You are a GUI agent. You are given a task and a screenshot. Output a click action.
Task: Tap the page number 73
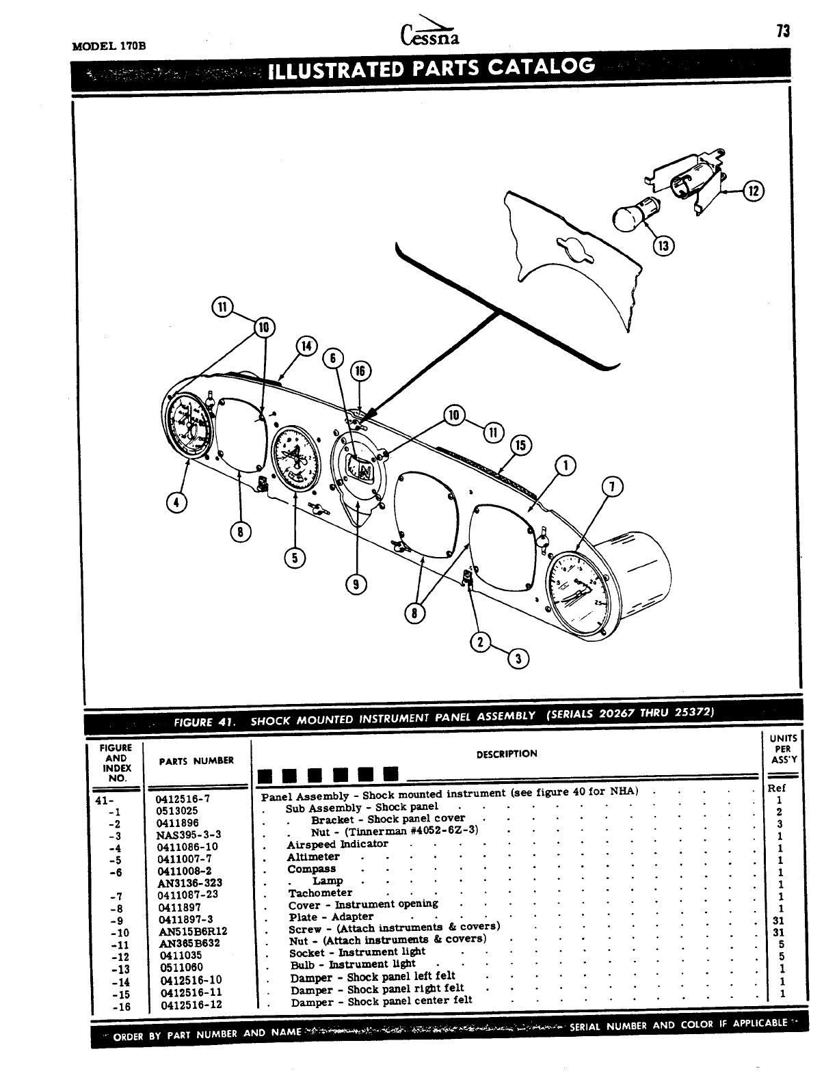783,31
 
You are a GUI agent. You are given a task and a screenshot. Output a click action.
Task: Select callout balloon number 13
662,245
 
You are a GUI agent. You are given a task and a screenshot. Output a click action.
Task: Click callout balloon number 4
177,502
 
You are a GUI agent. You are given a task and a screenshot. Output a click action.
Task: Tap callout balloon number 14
306,346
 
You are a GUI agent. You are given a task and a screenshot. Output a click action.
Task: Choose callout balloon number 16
360,371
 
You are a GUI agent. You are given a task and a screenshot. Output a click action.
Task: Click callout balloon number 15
521,446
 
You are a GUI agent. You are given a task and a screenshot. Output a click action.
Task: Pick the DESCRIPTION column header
507,754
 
